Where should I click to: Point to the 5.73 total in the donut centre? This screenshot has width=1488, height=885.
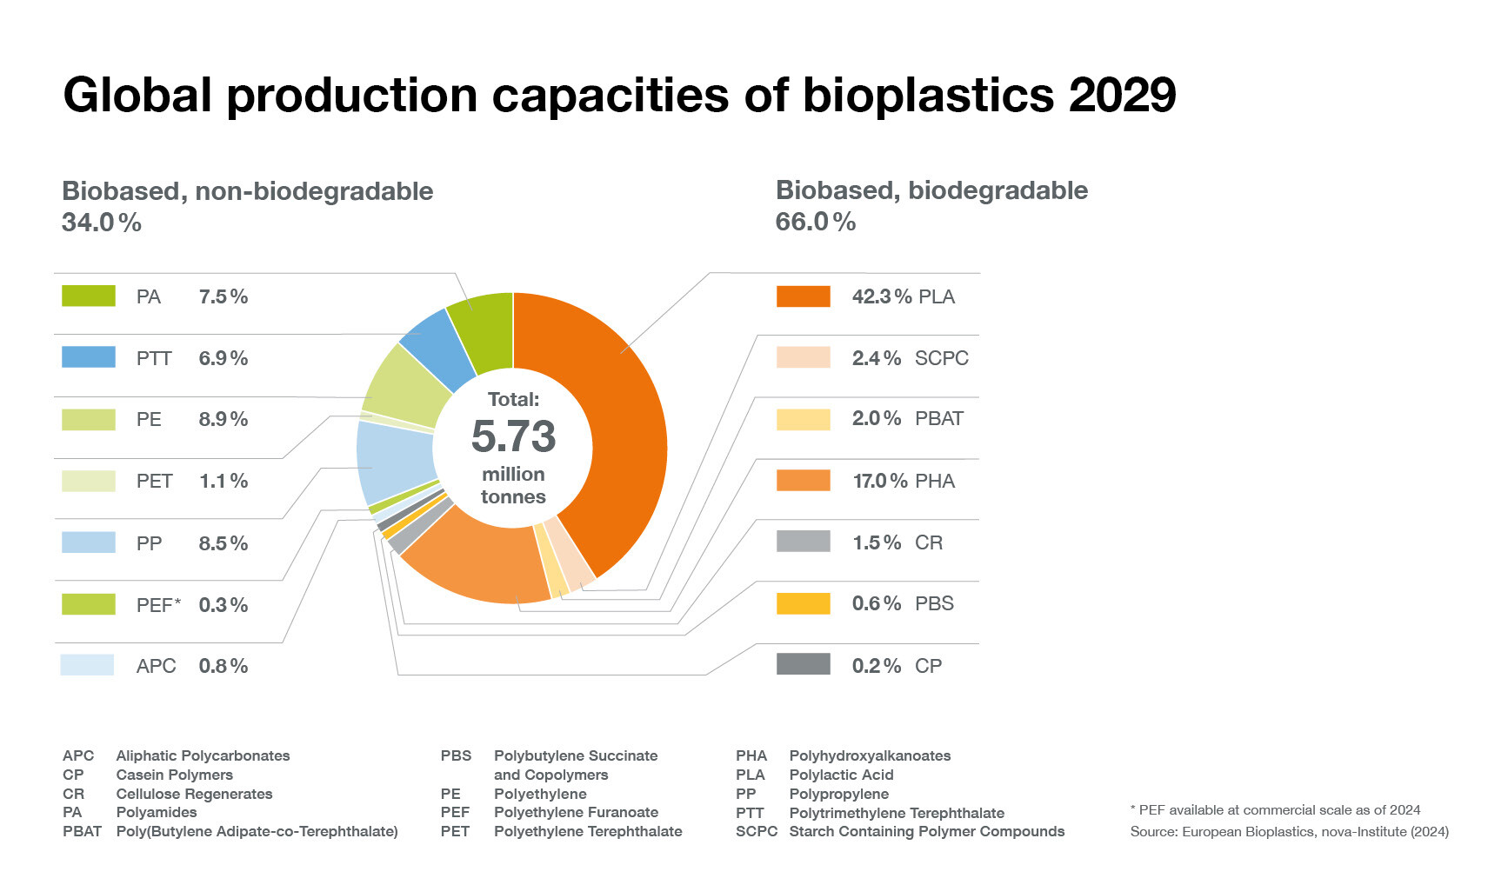coord(513,436)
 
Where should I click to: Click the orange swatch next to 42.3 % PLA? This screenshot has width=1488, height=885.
coord(803,296)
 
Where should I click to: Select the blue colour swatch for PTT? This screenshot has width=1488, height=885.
coord(88,357)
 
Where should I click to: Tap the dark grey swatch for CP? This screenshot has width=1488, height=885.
coord(803,664)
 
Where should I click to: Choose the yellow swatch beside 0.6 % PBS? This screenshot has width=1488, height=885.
coord(803,603)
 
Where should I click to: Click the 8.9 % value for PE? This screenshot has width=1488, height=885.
coord(224,419)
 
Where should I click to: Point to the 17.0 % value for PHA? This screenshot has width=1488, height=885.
coord(880,481)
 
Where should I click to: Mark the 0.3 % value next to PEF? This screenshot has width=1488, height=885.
coord(224,605)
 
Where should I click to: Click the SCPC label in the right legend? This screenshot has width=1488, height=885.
coord(941,358)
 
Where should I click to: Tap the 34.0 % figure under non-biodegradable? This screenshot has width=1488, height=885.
coord(102,223)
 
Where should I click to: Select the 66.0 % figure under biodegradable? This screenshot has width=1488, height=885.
coord(816,222)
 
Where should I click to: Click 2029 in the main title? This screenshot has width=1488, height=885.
coord(1122,95)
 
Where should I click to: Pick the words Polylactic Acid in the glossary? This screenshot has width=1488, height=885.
coord(841,775)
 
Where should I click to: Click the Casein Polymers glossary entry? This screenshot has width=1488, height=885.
coord(174,775)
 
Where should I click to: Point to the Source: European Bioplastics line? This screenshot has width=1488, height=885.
coord(1289,832)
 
